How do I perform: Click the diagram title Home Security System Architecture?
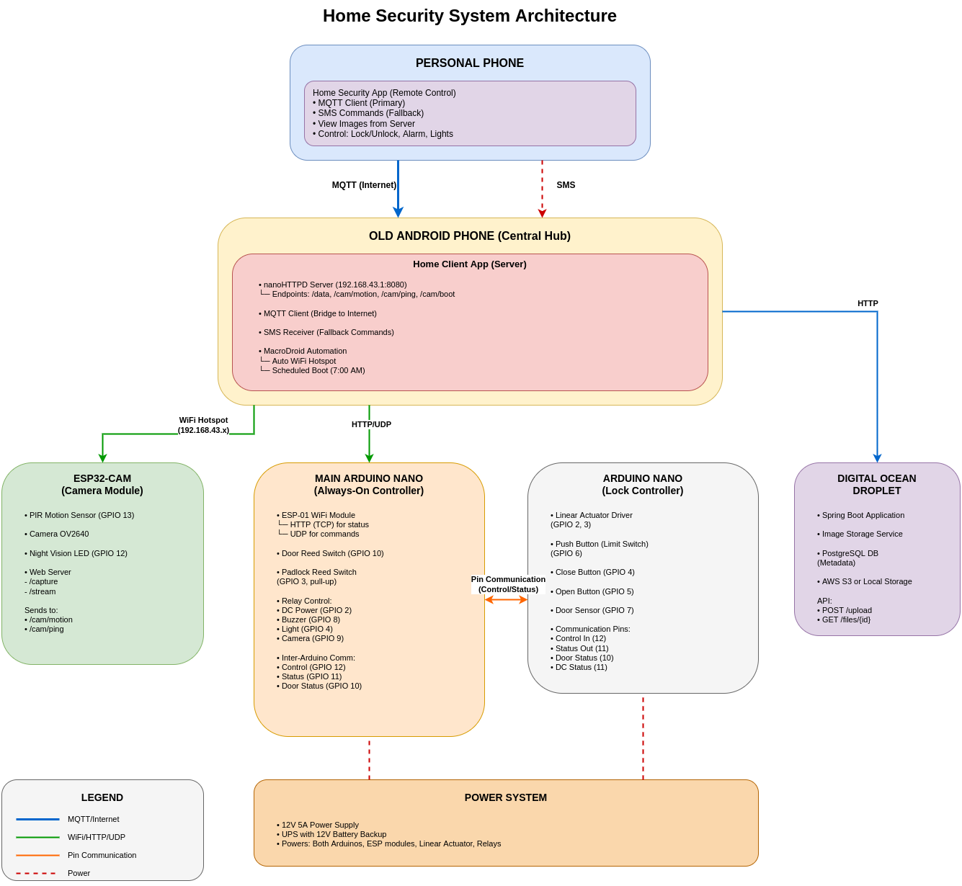coord(469,16)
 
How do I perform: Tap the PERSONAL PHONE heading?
coord(469,63)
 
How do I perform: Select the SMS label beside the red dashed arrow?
coord(566,185)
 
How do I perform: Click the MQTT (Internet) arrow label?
coord(364,185)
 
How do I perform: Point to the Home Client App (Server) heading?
coord(469,264)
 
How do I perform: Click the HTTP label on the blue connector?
coord(868,303)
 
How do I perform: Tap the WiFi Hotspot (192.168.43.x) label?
coord(203,425)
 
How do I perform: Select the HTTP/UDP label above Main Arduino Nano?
coord(371,424)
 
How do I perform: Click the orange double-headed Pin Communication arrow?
coord(506,599)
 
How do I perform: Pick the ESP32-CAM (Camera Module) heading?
coord(102,484)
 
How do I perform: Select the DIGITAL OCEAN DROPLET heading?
coord(876,484)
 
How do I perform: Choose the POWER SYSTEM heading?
coord(505,797)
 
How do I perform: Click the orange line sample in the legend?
coord(37,855)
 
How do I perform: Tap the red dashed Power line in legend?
coord(36,873)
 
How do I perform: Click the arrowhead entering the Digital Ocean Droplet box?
coord(877,458)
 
